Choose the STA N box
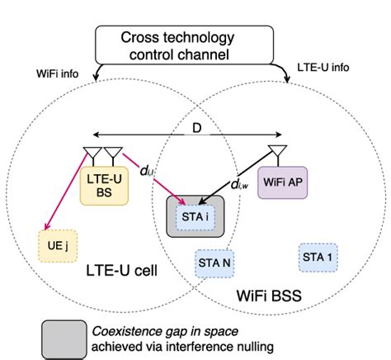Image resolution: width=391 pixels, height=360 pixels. click(214, 263)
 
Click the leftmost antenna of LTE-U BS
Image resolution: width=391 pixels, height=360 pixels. click(89, 154)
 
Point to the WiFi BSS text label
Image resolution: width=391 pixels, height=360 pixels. click(267, 295)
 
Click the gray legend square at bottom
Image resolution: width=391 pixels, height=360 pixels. click(64, 339)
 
